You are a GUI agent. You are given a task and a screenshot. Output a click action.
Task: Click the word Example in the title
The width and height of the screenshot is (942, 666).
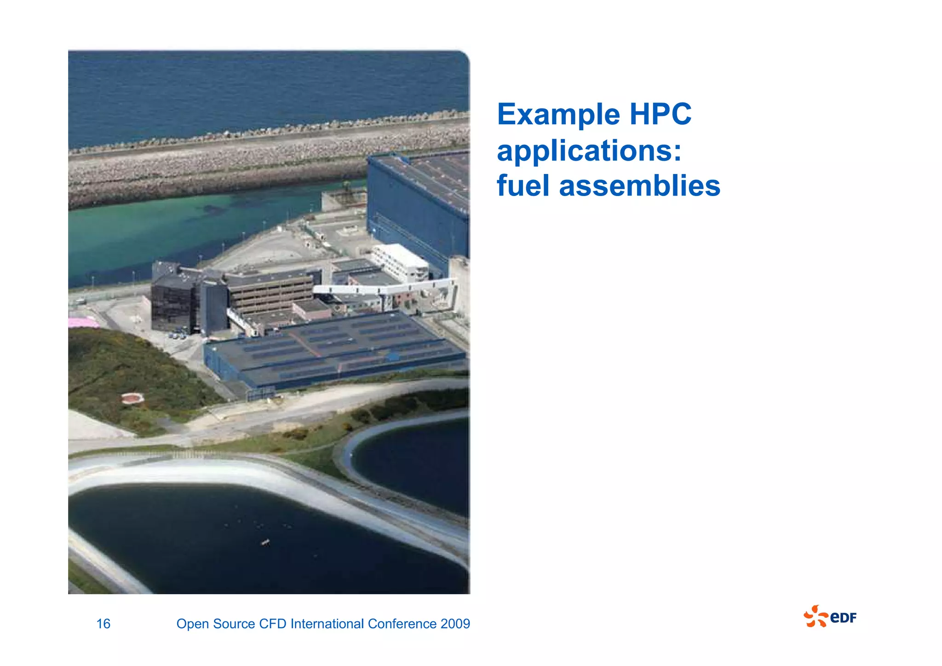(x=558, y=115)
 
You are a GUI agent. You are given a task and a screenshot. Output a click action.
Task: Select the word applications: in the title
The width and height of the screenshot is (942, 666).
(x=589, y=151)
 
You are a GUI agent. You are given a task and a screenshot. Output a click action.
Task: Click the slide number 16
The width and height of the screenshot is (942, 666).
(x=103, y=624)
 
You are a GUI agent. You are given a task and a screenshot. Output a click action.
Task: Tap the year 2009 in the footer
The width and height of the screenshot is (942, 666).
(x=455, y=624)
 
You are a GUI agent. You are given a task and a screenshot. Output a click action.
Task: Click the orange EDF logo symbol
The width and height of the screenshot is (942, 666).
(x=815, y=617)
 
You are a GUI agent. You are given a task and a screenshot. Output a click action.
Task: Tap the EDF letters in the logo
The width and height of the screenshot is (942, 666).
(x=844, y=618)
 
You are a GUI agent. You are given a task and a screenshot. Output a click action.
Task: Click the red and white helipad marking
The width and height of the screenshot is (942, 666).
(x=133, y=398)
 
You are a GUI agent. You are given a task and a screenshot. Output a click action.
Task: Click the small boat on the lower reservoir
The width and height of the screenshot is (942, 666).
(x=265, y=543)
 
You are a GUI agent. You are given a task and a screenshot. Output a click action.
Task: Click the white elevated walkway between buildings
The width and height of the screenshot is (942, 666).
(x=382, y=289)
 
